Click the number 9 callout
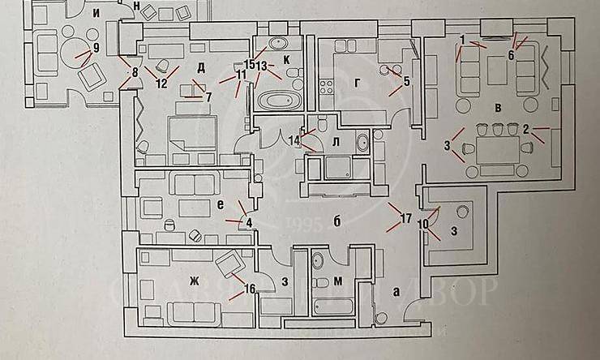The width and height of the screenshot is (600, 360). [96, 48]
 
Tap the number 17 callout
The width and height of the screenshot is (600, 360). [407, 219]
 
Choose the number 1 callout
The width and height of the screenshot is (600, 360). [461, 40]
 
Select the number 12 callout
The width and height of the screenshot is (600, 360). [161, 83]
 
